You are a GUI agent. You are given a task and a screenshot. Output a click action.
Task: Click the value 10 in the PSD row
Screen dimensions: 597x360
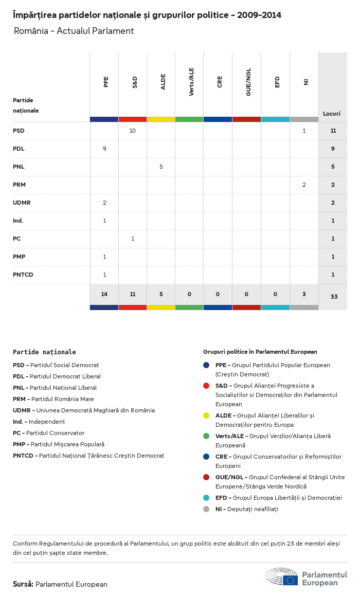tap(132, 131)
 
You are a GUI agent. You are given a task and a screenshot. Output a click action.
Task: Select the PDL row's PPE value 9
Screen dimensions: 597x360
tap(104, 149)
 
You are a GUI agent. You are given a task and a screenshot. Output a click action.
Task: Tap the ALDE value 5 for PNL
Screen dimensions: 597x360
tap(161, 167)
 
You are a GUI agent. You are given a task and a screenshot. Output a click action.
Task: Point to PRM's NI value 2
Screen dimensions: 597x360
tap(304, 185)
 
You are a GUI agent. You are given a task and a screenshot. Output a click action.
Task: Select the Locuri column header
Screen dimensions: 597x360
tap(332, 114)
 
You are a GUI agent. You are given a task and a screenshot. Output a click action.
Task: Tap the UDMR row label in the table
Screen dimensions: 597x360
tap(22, 203)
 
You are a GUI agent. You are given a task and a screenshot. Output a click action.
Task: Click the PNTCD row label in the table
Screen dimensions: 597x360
tap(23, 275)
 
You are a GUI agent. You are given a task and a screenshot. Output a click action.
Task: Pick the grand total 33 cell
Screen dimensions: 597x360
tap(334, 297)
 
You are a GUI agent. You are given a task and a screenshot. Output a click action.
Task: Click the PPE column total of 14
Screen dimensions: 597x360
tap(104, 294)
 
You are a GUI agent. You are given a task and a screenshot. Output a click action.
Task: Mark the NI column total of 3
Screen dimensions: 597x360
tap(304, 294)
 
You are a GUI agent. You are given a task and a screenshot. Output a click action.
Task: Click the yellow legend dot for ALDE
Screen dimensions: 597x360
tap(206, 415)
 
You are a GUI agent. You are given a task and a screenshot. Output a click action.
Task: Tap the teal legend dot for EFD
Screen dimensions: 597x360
tap(206, 498)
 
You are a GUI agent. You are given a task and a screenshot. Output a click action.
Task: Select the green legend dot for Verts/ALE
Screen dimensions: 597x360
tap(206, 436)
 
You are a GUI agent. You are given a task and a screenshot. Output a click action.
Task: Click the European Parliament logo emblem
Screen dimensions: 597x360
tap(281, 576)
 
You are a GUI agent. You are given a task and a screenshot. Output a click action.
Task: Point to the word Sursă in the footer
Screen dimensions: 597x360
tap(23, 584)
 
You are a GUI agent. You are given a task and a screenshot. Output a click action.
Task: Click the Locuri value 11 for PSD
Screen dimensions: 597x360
tap(333, 131)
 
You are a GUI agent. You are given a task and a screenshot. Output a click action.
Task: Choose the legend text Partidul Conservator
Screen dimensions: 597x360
tap(56, 433)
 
